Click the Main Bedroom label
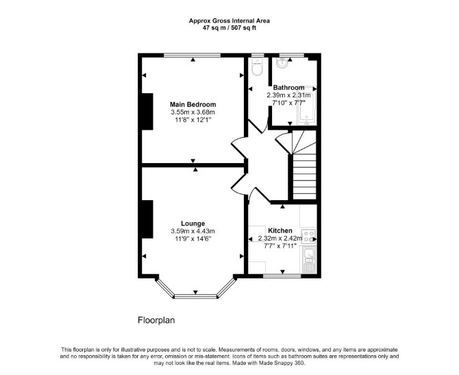tap(193, 105)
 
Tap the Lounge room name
tap(193, 223)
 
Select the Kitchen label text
tap(280, 230)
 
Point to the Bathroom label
tap(288, 88)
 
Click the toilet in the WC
tap(258, 67)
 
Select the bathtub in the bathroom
tap(307, 106)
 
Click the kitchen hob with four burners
tap(309, 237)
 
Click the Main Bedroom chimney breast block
tap(147, 111)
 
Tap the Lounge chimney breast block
tap(147, 219)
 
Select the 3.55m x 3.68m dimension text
tap(193, 112)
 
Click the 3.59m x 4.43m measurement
tap(193, 232)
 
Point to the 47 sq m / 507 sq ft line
tap(229, 28)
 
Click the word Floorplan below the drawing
tap(156, 320)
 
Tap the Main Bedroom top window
tap(192, 55)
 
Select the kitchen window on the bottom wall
tap(282, 276)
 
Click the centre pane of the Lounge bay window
tap(195, 296)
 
